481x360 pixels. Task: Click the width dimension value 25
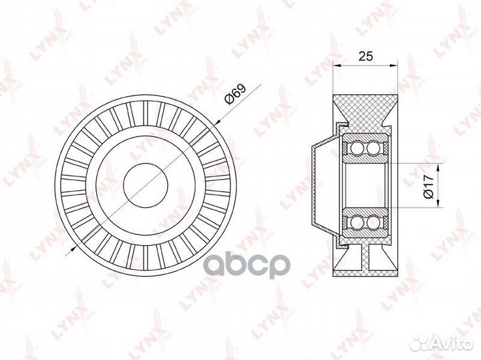pyautogui.click(x=365, y=57)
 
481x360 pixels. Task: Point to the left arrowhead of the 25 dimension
pyautogui.click(x=336, y=65)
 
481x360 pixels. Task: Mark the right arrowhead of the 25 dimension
pyautogui.click(x=395, y=65)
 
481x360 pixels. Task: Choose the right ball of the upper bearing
pyautogui.click(x=372, y=148)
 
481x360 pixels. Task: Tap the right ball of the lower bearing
pyautogui.click(x=372, y=222)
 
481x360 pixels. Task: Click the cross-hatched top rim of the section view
pyautogui.click(x=365, y=110)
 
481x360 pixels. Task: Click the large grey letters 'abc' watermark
pyautogui.click(x=240, y=263)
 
